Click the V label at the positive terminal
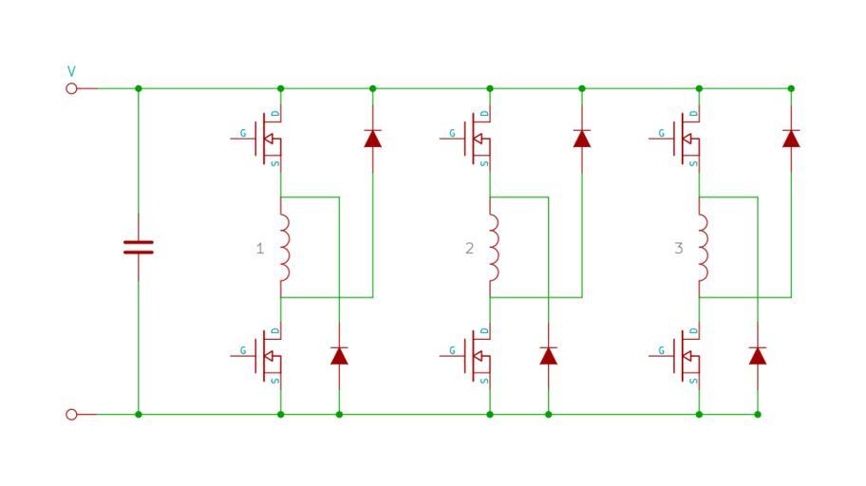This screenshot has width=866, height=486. point(71,71)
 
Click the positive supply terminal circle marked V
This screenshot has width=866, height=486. point(71,88)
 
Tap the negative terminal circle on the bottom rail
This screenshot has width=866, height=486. point(71,414)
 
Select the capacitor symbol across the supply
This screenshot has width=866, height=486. point(138,248)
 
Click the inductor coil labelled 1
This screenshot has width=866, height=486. point(284,248)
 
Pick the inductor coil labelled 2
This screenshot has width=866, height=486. point(493,248)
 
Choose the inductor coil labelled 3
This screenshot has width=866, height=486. point(703,248)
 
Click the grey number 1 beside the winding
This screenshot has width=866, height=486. point(259,249)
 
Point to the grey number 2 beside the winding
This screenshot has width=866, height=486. point(468,249)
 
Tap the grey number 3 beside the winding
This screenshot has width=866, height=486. point(678,249)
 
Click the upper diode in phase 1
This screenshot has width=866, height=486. point(372,139)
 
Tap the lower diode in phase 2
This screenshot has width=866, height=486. point(548,356)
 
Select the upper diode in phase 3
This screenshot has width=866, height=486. point(791,139)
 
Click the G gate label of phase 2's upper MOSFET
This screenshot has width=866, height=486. point(452,133)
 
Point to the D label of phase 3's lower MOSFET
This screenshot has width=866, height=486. point(694,331)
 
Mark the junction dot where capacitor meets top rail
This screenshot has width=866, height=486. point(138,88)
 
